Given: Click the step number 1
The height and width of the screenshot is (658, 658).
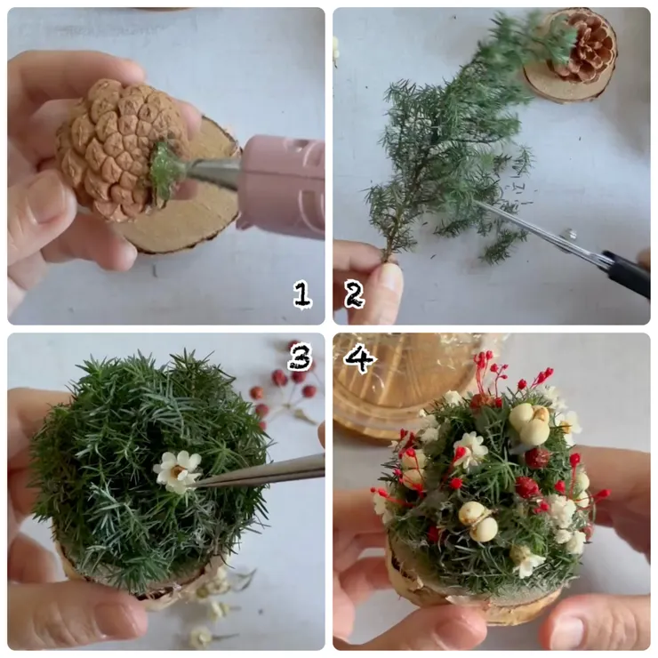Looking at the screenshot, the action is pos(302,294).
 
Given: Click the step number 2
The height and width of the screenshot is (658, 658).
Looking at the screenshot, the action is pos(355,294).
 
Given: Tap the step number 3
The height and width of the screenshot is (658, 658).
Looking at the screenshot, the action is pos(301,357).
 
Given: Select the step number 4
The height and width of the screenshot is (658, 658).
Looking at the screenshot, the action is pos(359,358).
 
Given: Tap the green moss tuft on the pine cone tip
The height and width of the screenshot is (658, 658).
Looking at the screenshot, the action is pos(164,170).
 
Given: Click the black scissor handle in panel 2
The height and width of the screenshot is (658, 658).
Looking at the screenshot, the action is pos(628,273).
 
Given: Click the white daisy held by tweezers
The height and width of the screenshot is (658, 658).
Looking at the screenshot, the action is pos(177,472).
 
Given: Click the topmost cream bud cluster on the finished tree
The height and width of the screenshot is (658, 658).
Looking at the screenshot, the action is pos(530,424).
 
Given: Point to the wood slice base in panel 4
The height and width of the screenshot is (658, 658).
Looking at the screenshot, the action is pos(474,596).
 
